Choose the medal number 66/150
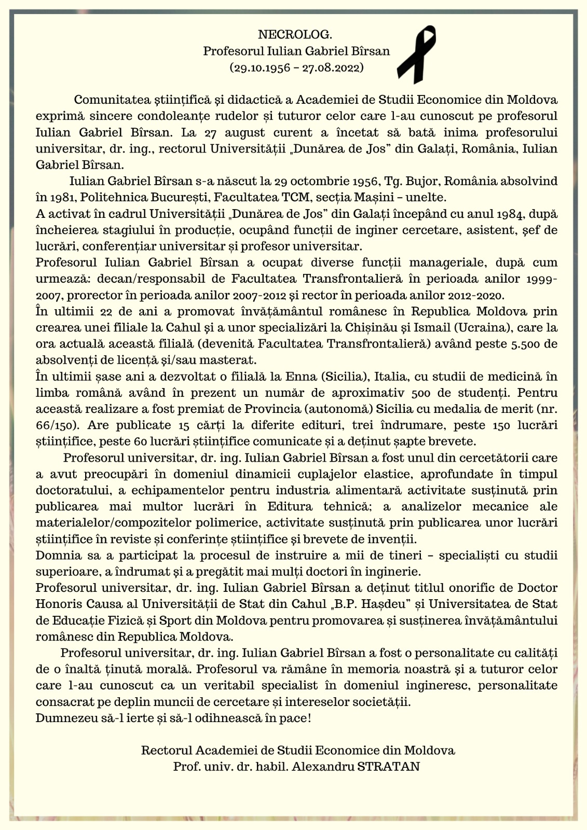[x=57, y=425]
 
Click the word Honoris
[x=57, y=604]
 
